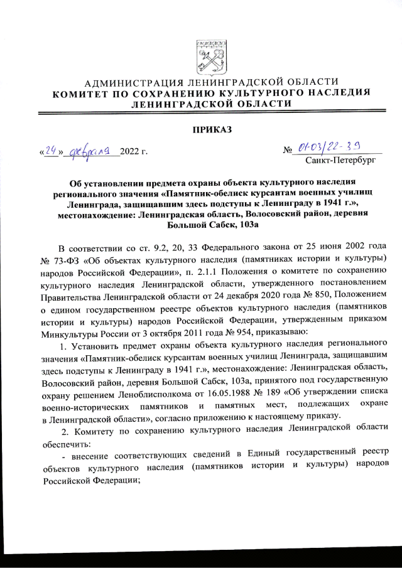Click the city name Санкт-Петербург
pos(340,161)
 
